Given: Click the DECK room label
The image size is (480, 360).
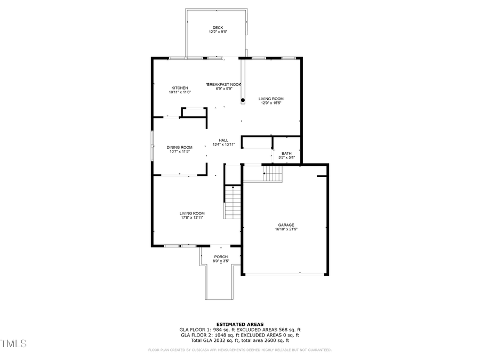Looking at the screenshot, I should click(x=218, y=28).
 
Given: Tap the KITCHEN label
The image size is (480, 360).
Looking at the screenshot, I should click(x=180, y=88).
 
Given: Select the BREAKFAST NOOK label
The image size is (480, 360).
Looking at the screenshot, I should click(x=225, y=84).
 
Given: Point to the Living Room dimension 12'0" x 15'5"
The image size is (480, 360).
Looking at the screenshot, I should click(x=271, y=103).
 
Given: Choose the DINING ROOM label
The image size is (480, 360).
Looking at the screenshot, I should click(x=180, y=147).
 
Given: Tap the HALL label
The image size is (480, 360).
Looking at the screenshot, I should click(x=223, y=140).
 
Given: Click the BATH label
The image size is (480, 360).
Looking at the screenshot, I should click(x=286, y=153).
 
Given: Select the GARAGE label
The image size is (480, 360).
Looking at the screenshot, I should click(x=286, y=225).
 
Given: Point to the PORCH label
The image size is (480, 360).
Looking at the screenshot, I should click(x=221, y=257).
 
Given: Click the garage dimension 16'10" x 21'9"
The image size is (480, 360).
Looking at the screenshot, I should click(x=286, y=229).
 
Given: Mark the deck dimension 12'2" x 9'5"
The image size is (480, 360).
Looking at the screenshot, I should click(x=218, y=32).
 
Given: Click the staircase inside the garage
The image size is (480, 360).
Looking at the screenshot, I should click(x=273, y=173).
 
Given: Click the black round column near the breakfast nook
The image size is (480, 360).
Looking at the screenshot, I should click(x=243, y=100).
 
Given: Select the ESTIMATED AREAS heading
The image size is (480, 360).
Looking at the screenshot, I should click(x=239, y=324).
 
